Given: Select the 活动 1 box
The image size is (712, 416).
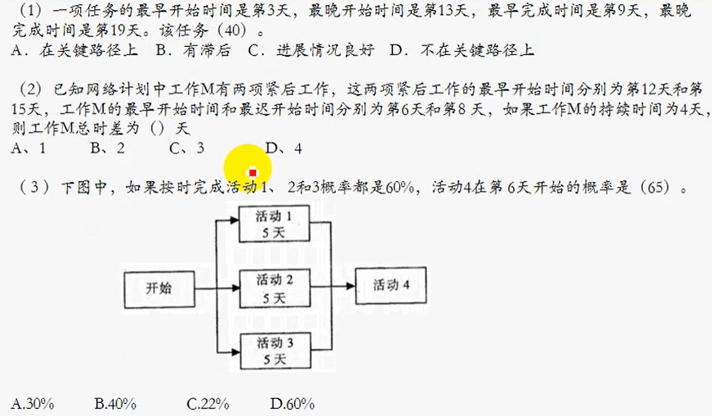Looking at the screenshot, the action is (274, 223).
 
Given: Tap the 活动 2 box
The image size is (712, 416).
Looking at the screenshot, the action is (274, 288).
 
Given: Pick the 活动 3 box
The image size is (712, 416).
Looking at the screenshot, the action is (274, 351).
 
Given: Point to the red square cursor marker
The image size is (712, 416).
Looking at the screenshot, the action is (253, 172).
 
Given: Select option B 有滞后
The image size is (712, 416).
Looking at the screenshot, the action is (193, 51).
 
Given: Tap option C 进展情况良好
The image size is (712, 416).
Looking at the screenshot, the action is (311, 51).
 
